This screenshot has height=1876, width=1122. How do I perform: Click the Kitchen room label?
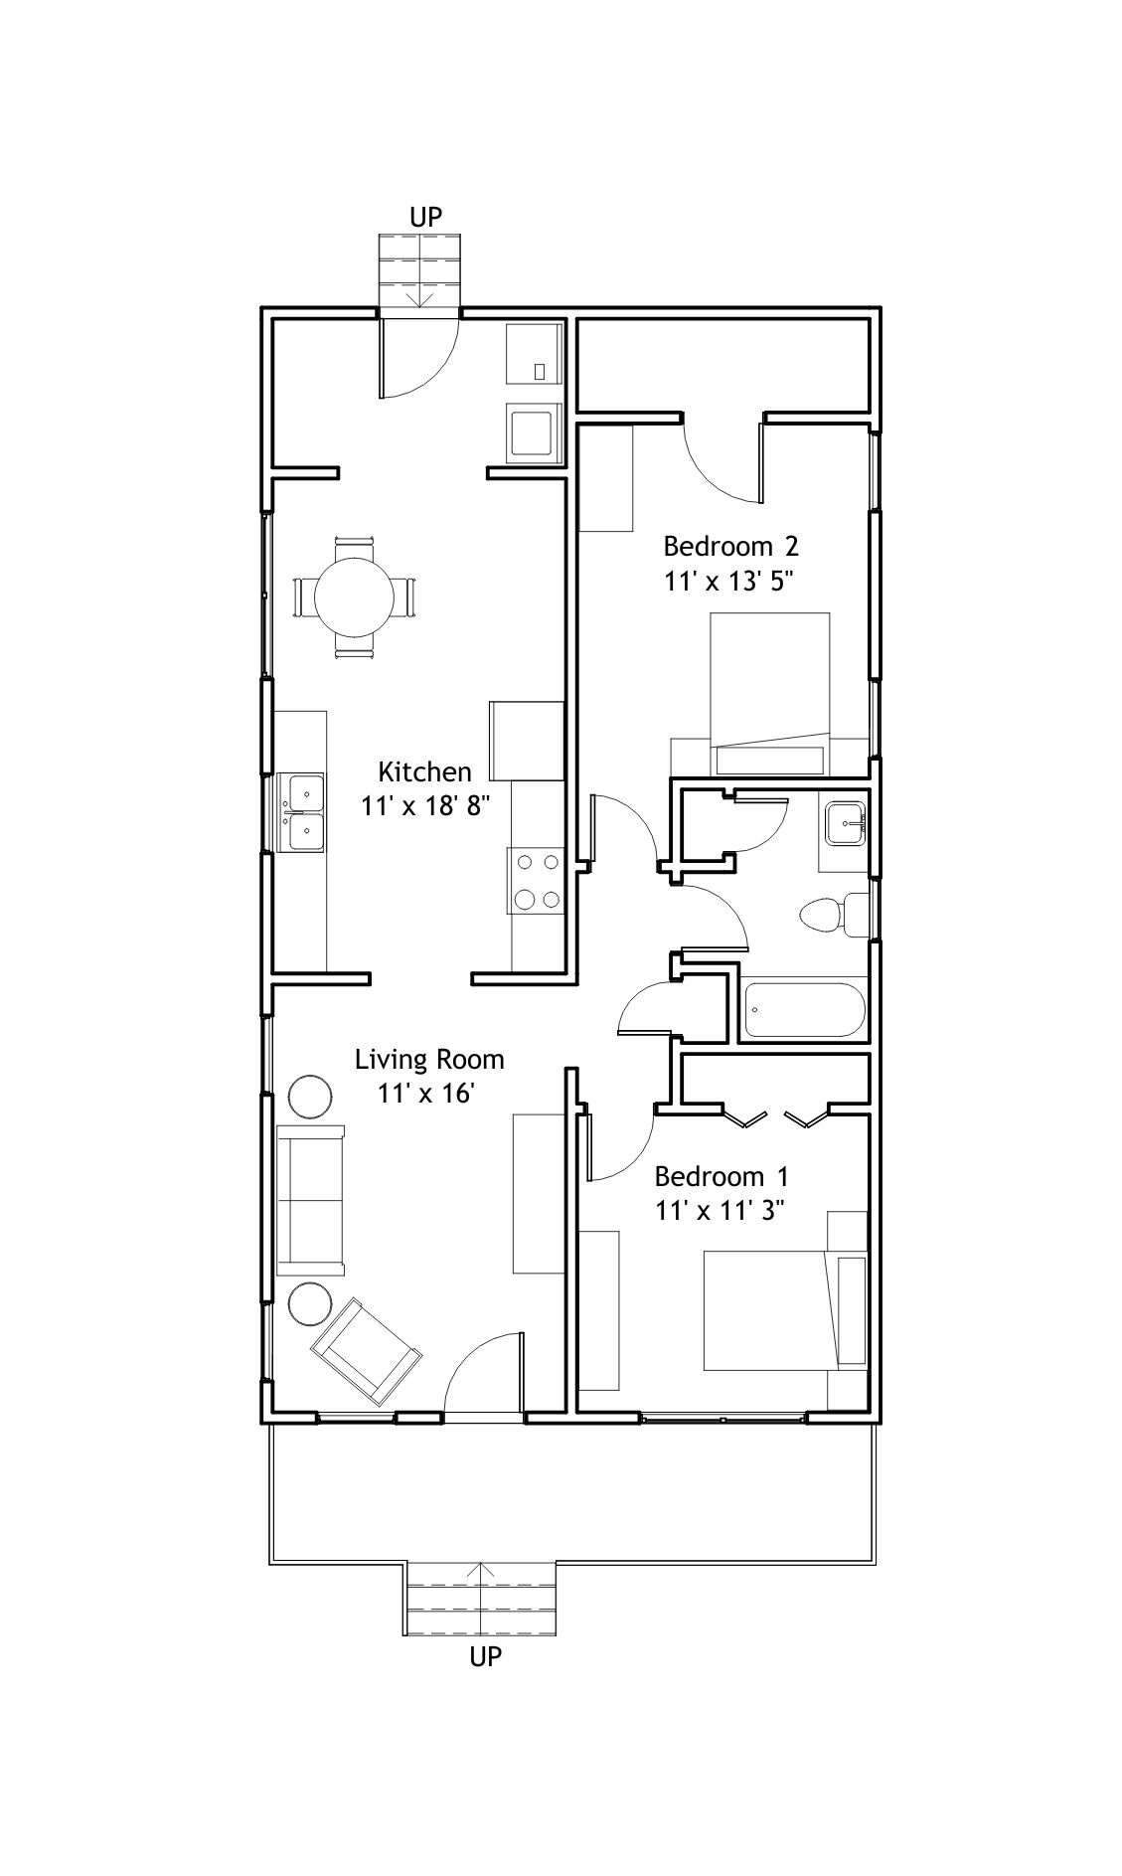click(x=424, y=771)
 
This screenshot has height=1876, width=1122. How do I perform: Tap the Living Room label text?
click(x=429, y=1060)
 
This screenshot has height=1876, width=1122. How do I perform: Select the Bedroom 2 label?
click(x=731, y=546)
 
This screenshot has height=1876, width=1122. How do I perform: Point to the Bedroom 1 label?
click(x=721, y=1177)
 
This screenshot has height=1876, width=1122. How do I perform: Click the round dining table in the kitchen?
click(x=355, y=597)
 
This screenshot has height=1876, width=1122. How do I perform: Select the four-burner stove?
click(x=537, y=881)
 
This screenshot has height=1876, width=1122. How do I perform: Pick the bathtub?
click(x=804, y=1010)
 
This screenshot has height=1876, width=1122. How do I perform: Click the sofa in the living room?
click(x=311, y=1200)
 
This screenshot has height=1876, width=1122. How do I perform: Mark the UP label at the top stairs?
click(x=425, y=217)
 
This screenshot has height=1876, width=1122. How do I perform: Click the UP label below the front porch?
click(x=485, y=1656)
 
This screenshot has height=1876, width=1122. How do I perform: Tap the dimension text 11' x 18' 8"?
click(x=426, y=805)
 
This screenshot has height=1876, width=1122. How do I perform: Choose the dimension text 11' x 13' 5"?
click(x=732, y=581)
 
